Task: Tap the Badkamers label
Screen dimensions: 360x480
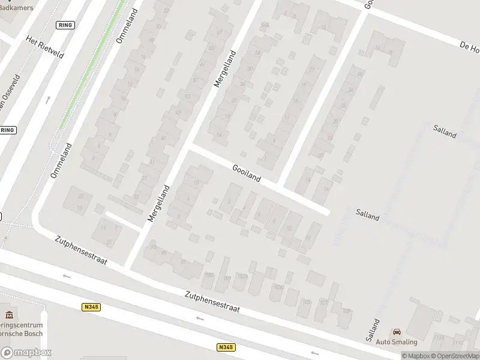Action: (x=17, y=7)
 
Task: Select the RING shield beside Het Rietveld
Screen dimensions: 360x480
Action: (x=64, y=25)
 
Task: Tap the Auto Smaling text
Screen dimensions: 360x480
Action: (x=396, y=342)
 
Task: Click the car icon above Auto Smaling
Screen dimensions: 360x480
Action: (x=397, y=332)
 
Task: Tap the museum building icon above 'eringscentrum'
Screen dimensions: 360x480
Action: (x=8, y=314)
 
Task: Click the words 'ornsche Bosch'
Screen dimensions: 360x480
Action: (x=21, y=334)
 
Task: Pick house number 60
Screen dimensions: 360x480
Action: (x=361, y=74)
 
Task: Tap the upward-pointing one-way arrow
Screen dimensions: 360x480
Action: (x=48, y=99)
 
